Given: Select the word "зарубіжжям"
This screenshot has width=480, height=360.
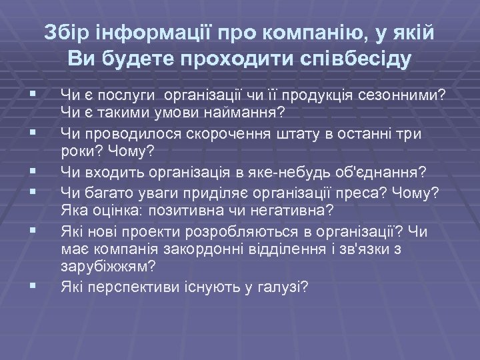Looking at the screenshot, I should point(108,267).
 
